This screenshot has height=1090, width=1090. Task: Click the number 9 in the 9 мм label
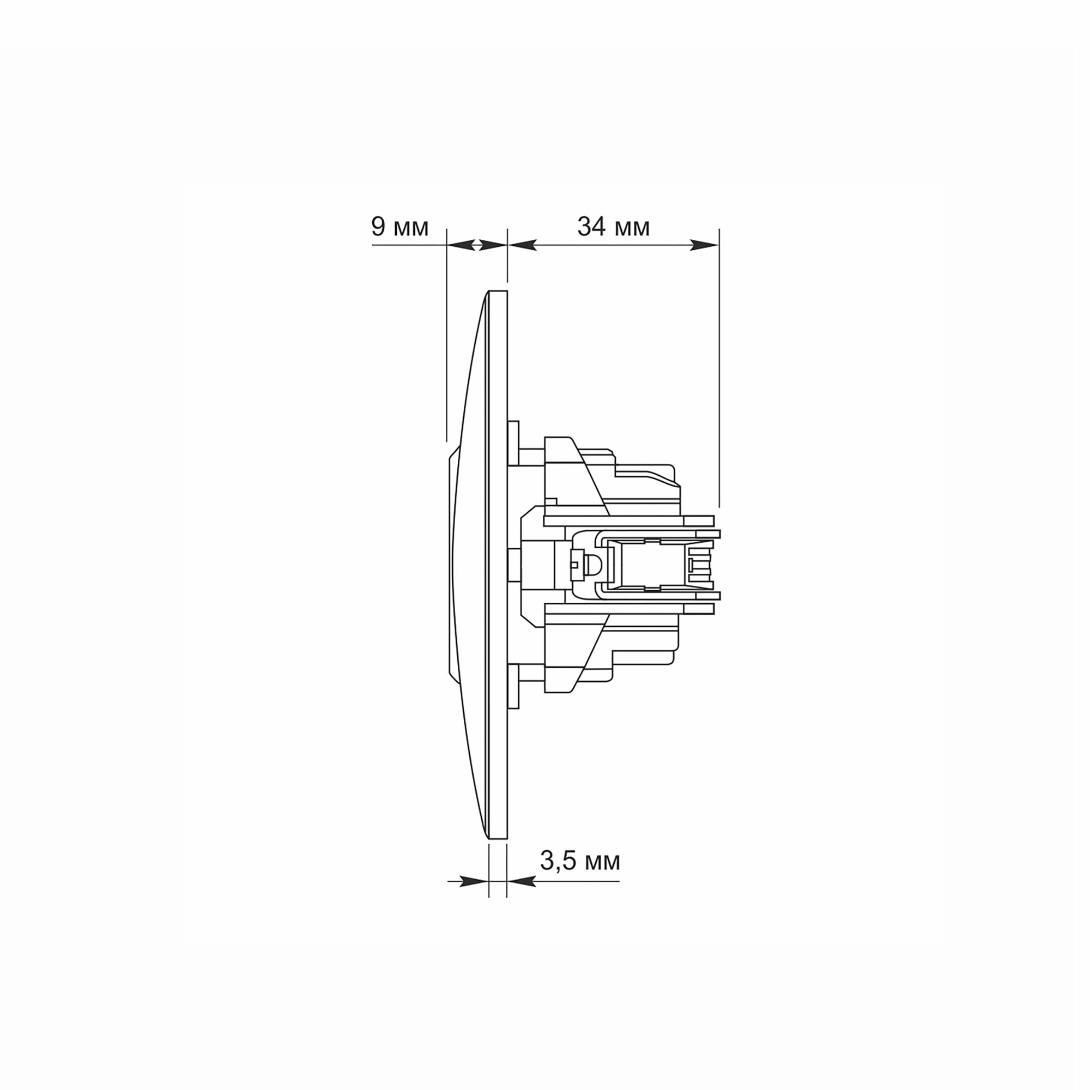379,226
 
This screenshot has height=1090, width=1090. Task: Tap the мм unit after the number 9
411,229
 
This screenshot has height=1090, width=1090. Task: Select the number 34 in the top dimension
592,226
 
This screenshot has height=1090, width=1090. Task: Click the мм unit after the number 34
632,229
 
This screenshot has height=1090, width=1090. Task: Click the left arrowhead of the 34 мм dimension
522,245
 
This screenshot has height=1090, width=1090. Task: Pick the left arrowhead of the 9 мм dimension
460,245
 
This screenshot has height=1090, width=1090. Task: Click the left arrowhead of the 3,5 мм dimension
475,881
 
